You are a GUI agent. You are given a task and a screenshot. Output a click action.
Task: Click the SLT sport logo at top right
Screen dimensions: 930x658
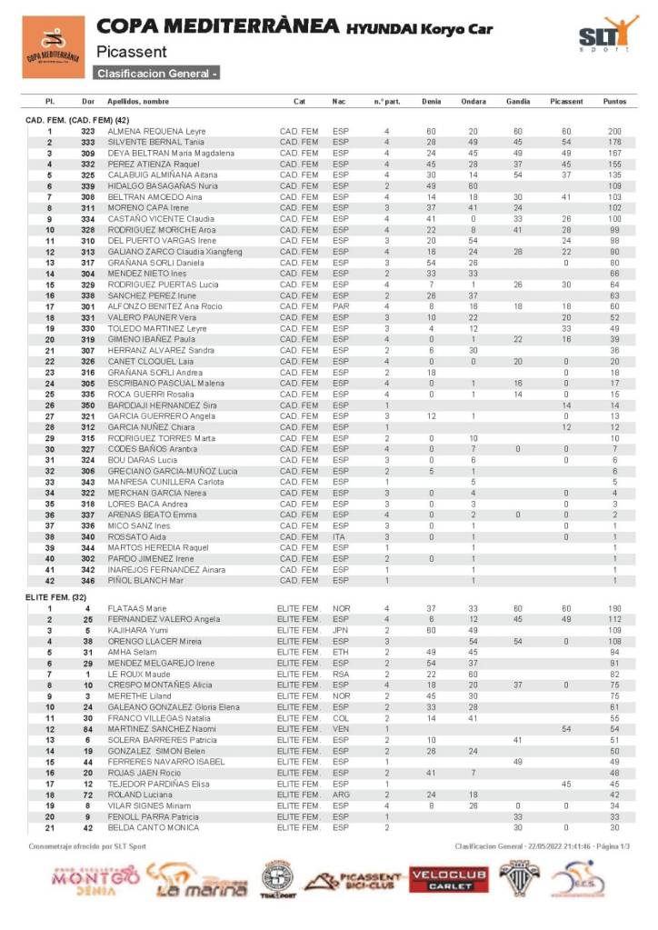click(606, 37)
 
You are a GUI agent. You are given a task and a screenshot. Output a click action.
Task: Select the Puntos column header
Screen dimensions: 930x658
click(614, 101)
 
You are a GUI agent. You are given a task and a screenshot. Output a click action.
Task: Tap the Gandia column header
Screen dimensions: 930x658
click(518, 101)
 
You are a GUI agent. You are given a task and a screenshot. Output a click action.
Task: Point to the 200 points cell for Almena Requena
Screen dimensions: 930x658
click(614, 132)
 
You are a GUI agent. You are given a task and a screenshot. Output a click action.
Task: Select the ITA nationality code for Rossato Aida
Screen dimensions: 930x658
click(340, 535)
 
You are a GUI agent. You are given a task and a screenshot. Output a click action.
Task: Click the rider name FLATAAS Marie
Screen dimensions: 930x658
click(137, 608)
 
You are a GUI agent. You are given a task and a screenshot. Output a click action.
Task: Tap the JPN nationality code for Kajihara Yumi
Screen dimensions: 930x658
click(341, 630)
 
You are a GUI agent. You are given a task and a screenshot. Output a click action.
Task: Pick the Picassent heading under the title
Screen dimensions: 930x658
click(131, 52)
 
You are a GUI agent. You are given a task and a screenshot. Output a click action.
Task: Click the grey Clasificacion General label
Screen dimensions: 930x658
click(156, 73)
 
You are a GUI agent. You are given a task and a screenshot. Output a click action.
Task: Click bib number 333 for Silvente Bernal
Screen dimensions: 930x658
click(88, 143)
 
